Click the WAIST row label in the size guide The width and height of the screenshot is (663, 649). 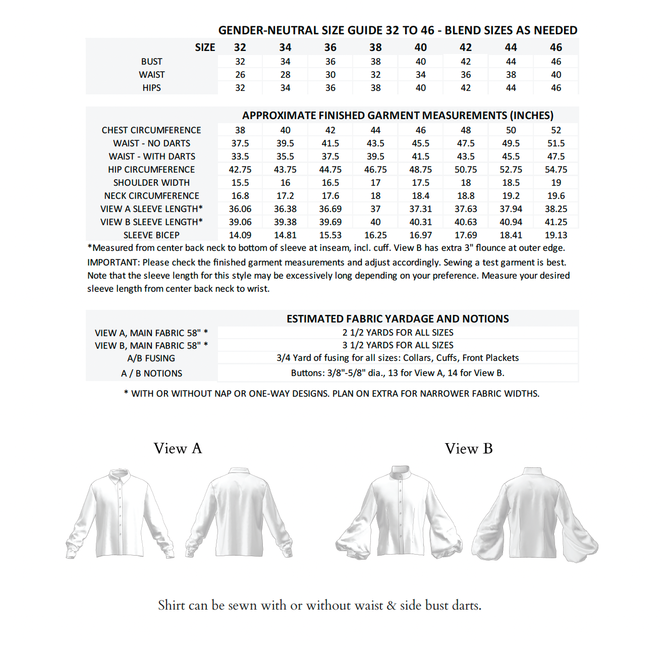pyautogui.click(x=151, y=75)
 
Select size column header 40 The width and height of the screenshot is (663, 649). pyautogui.click(x=420, y=47)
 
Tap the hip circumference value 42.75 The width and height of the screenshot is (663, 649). pyautogui.click(x=240, y=170)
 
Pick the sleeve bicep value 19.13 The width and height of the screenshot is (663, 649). pyautogui.click(x=556, y=235)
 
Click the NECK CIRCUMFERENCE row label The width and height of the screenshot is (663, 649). pyautogui.click(x=151, y=196)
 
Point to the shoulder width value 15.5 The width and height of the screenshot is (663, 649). pyautogui.click(x=240, y=183)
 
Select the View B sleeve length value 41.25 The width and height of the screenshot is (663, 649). pyautogui.click(x=556, y=222)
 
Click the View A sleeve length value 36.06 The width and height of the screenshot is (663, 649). pyautogui.click(x=240, y=209)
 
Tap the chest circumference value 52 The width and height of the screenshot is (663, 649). pyautogui.click(x=556, y=130)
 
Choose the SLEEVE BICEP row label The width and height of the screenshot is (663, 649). pyautogui.click(x=151, y=235)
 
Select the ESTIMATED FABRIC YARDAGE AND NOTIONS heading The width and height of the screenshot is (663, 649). pyautogui.click(x=398, y=319)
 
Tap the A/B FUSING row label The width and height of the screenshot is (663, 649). pyautogui.click(x=151, y=358)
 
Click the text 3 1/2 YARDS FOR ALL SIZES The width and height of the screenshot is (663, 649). pyautogui.click(x=398, y=345)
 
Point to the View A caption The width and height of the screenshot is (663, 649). pyautogui.click(x=178, y=448)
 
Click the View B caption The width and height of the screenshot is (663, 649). pyautogui.click(x=469, y=448)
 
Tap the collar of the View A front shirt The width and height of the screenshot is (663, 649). pyautogui.click(x=119, y=476)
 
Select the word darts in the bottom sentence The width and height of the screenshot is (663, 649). pyautogui.click(x=464, y=605)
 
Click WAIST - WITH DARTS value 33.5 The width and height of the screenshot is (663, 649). pyautogui.click(x=240, y=156)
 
